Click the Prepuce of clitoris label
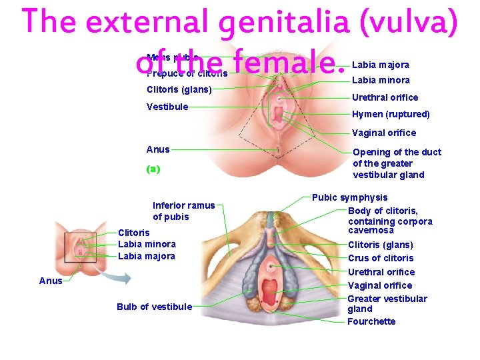tap(187, 73)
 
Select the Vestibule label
tap(167, 106)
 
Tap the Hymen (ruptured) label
tap(391, 114)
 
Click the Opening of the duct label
tap(397, 152)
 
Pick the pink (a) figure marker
tap(153, 169)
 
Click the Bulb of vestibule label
tap(154, 307)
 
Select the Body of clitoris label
tap(383, 211)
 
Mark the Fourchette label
tap(371, 321)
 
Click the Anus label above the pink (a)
tap(158, 149)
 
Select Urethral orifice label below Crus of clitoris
tap(381, 272)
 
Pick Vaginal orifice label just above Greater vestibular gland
tap(380, 285)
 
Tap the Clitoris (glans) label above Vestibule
tap(179, 89)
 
